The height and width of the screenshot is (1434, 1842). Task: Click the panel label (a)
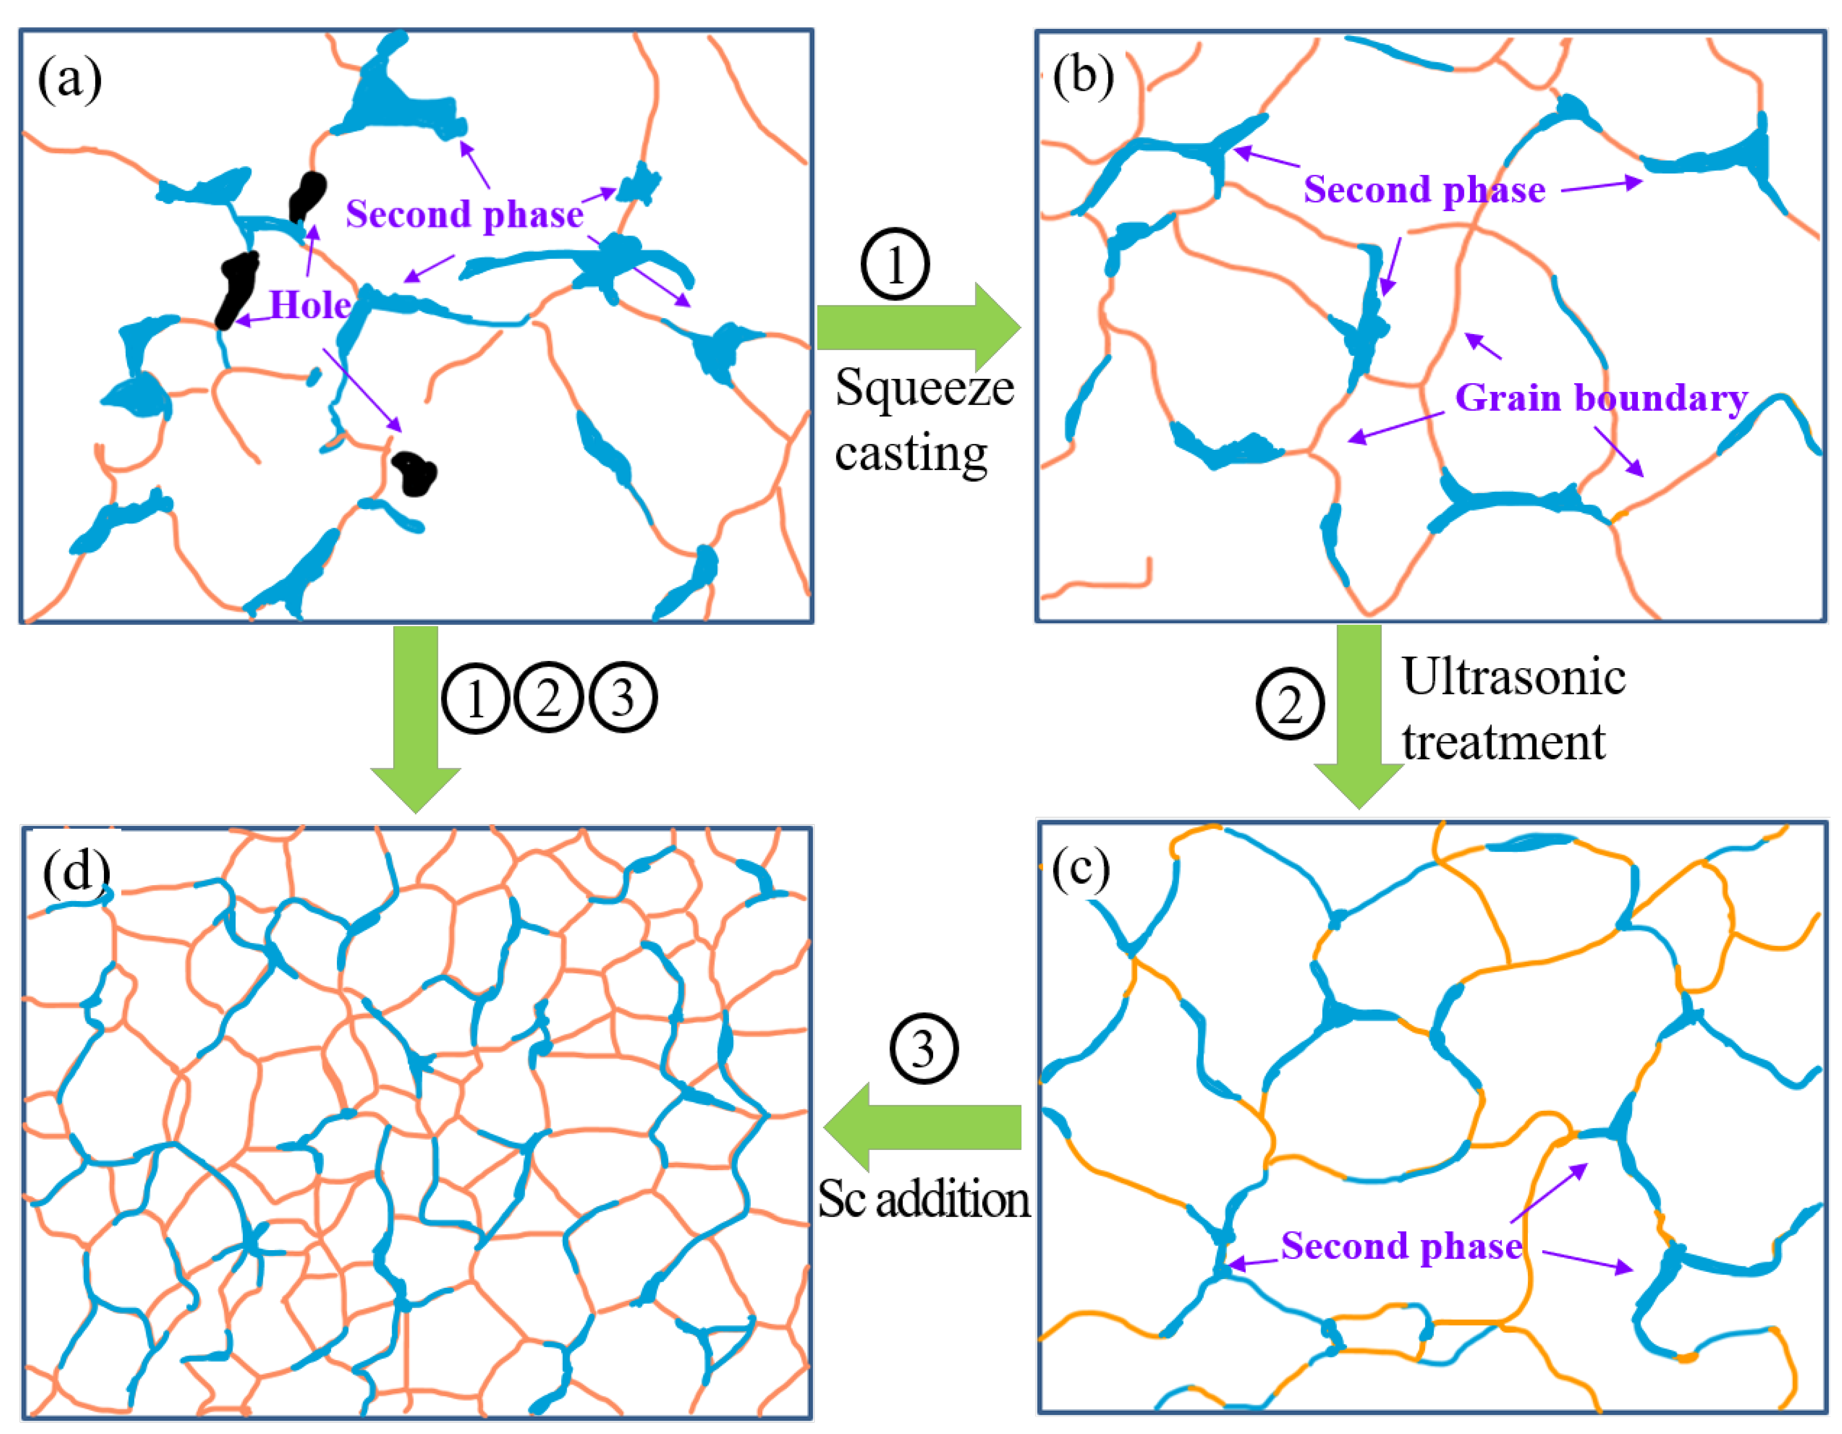tap(70, 80)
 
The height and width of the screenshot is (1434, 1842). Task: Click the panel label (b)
tap(1083, 77)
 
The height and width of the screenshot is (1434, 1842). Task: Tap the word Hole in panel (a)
tap(309, 304)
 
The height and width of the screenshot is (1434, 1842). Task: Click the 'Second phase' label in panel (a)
tap(464, 214)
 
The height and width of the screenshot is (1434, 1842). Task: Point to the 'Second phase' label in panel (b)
tap(1423, 189)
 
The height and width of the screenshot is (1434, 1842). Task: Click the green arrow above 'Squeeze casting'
tap(918, 327)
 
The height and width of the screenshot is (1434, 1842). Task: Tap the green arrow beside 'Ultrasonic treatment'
tap(1359, 717)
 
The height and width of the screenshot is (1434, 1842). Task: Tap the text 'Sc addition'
tap(923, 1199)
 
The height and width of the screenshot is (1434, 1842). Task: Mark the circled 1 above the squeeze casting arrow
tap(895, 264)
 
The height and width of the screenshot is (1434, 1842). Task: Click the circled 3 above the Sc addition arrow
tap(923, 1049)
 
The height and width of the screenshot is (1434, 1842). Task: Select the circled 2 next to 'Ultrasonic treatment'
tap(1290, 703)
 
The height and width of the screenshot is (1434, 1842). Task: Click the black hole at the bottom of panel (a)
tap(414, 473)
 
